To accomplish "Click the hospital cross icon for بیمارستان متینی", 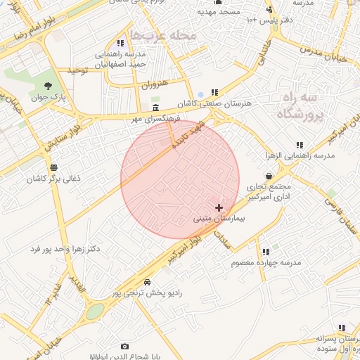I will tap(219, 207).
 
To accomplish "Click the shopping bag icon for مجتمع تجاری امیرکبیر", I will tap(269, 176).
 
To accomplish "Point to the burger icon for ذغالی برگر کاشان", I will tap(54, 167).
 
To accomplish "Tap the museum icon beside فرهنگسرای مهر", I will tap(155, 107).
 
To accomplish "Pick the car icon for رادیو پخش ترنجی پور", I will tap(146, 282).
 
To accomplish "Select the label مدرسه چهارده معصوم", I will tap(266, 262).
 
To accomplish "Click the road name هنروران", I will tap(154, 84).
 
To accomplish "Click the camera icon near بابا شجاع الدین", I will tap(124, 346).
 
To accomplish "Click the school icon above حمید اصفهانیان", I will tap(129, 43).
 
